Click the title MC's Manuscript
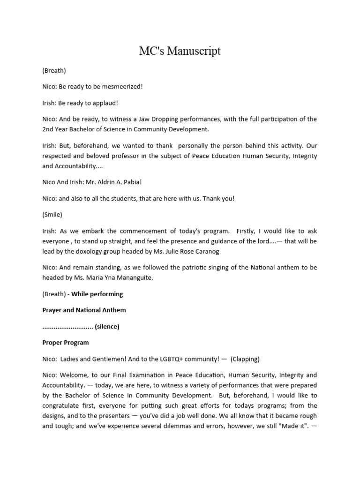tap(180, 51)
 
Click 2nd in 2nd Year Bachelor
tap(49, 129)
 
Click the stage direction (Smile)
tap(52, 214)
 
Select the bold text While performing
tap(97, 294)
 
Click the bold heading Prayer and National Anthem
tap(84, 310)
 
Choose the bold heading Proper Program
tap(66, 342)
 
